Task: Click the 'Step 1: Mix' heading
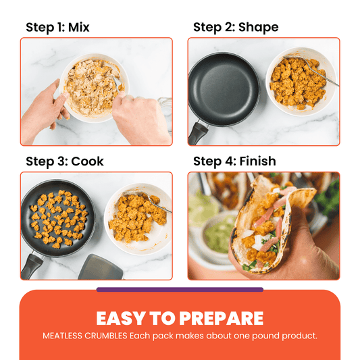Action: pyautogui.click(x=57, y=28)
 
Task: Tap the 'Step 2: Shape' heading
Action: pyautogui.click(x=236, y=28)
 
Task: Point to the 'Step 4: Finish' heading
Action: pyautogui.click(x=234, y=162)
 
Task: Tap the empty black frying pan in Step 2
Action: pyautogui.click(x=222, y=88)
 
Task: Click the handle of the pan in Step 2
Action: pyautogui.click(x=198, y=132)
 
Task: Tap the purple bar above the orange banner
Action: pyautogui.click(x=180, y=290)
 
